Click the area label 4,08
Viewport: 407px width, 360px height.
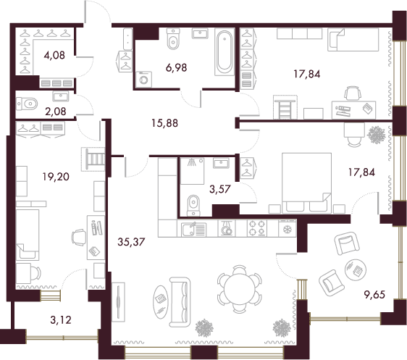point(54,55)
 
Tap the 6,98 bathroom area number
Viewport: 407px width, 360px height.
point(176,67)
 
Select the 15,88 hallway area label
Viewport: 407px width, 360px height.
point(165,123)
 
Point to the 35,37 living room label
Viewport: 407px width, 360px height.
point(131,242)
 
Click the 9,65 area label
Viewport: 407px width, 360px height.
point(374,295)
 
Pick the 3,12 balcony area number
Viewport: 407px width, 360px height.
point(61,320)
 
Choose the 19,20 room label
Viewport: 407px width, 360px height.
point(56,177)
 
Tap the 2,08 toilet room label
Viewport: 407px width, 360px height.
point(56,112)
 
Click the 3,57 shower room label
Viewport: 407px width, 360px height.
point(220,190)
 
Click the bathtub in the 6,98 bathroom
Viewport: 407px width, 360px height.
point(225,52)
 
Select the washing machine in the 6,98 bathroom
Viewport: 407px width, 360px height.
point(144,80)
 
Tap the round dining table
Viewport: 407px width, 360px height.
point(240,289)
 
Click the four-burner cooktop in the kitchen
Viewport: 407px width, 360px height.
point(257,228)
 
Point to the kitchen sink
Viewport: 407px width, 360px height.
point(193,230)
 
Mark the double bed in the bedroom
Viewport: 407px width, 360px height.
point(306,183)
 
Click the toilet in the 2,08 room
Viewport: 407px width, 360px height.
point(27,104)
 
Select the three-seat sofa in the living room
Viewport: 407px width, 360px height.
point(180,301)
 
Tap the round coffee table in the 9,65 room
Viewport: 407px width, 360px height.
point(356,269)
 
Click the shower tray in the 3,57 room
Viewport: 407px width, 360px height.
point(193,171)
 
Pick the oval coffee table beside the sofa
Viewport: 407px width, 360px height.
point(161,302)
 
